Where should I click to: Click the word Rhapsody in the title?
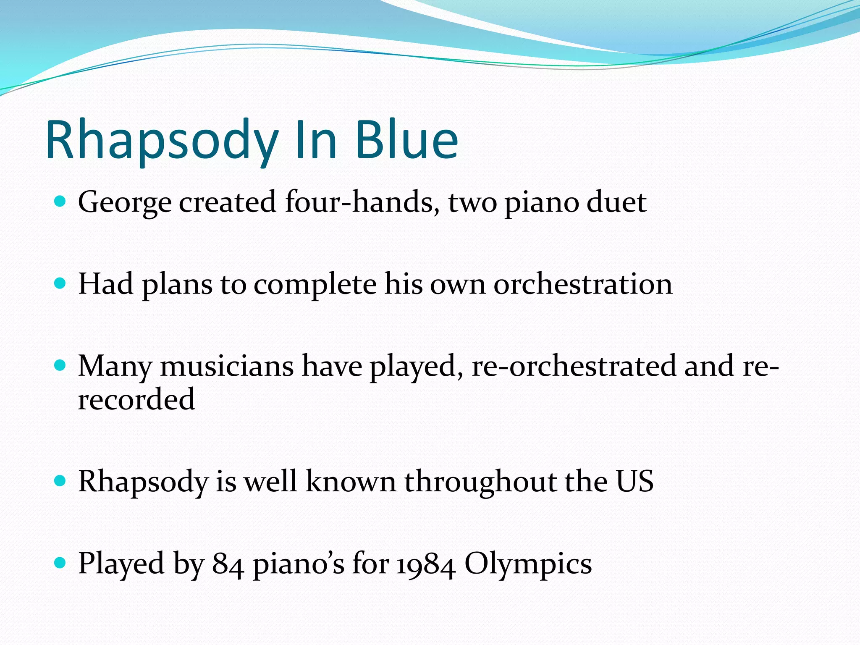[x=162, y=141]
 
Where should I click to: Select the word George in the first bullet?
[x=125, y=203]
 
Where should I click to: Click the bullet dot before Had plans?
[x=60, y=283]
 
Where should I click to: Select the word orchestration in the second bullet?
[x=583, y=284]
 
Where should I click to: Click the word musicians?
[x=227, y=366]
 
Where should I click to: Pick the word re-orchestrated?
[x=574, y=366]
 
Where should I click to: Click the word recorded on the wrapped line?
[x=136, y=399]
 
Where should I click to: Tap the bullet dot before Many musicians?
[x=60, y=365]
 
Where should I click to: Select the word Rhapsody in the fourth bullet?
[x=143, y=482]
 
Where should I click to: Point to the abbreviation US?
[x=635, y=481]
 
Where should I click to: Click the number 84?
[x=228, y=564]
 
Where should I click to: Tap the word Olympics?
[x=528, y=564]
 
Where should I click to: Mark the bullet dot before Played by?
[x=60, y=563]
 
